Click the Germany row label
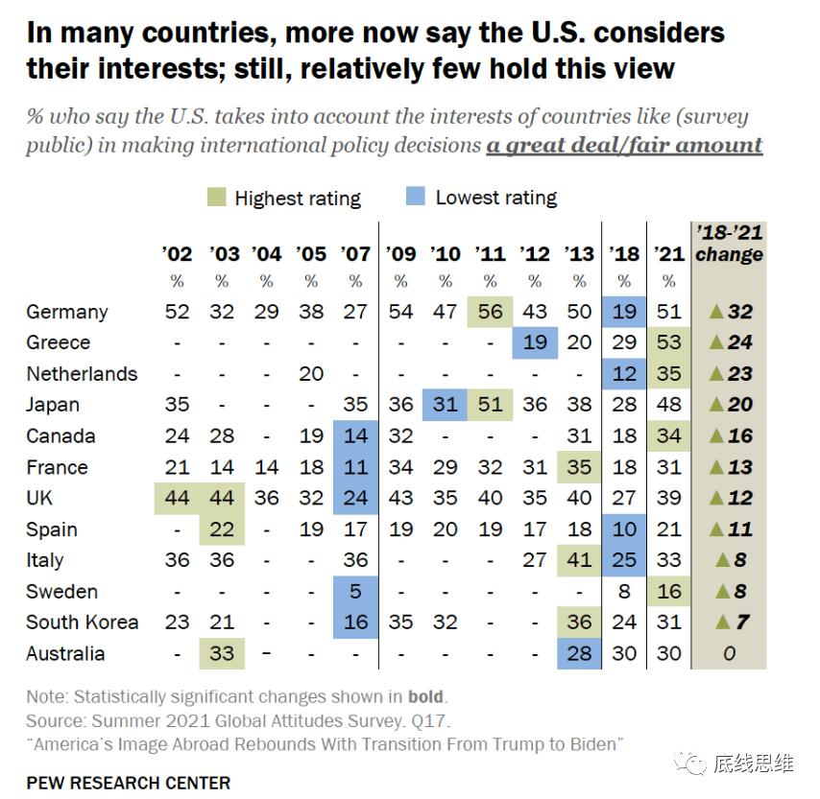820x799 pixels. tap(66, 312)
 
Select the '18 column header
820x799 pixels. tap(624, 254)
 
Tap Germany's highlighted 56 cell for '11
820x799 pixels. tap(491, 312)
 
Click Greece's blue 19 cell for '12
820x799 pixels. tap(535, 342)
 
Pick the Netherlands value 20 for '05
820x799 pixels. tap(311, 374)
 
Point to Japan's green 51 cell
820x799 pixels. tap(491, 405)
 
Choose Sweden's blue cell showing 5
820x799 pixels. tap(356, 591)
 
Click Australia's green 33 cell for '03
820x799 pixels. tap(222, 653)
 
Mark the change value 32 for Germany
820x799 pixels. tap(739, 312)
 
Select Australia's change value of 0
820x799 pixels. tap(730, 653)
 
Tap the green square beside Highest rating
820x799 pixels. tap(216, 198)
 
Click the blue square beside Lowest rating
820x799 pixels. tap(415, 198)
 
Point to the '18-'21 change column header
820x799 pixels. tap(729, 244)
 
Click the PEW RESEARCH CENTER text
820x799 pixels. tap(128, 783)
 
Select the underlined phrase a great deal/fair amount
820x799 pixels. tap(624, 146)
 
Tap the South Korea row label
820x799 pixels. tap(82, 622)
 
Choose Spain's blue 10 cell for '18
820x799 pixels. tap(624, 529)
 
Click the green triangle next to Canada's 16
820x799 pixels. tap(714, 435)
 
